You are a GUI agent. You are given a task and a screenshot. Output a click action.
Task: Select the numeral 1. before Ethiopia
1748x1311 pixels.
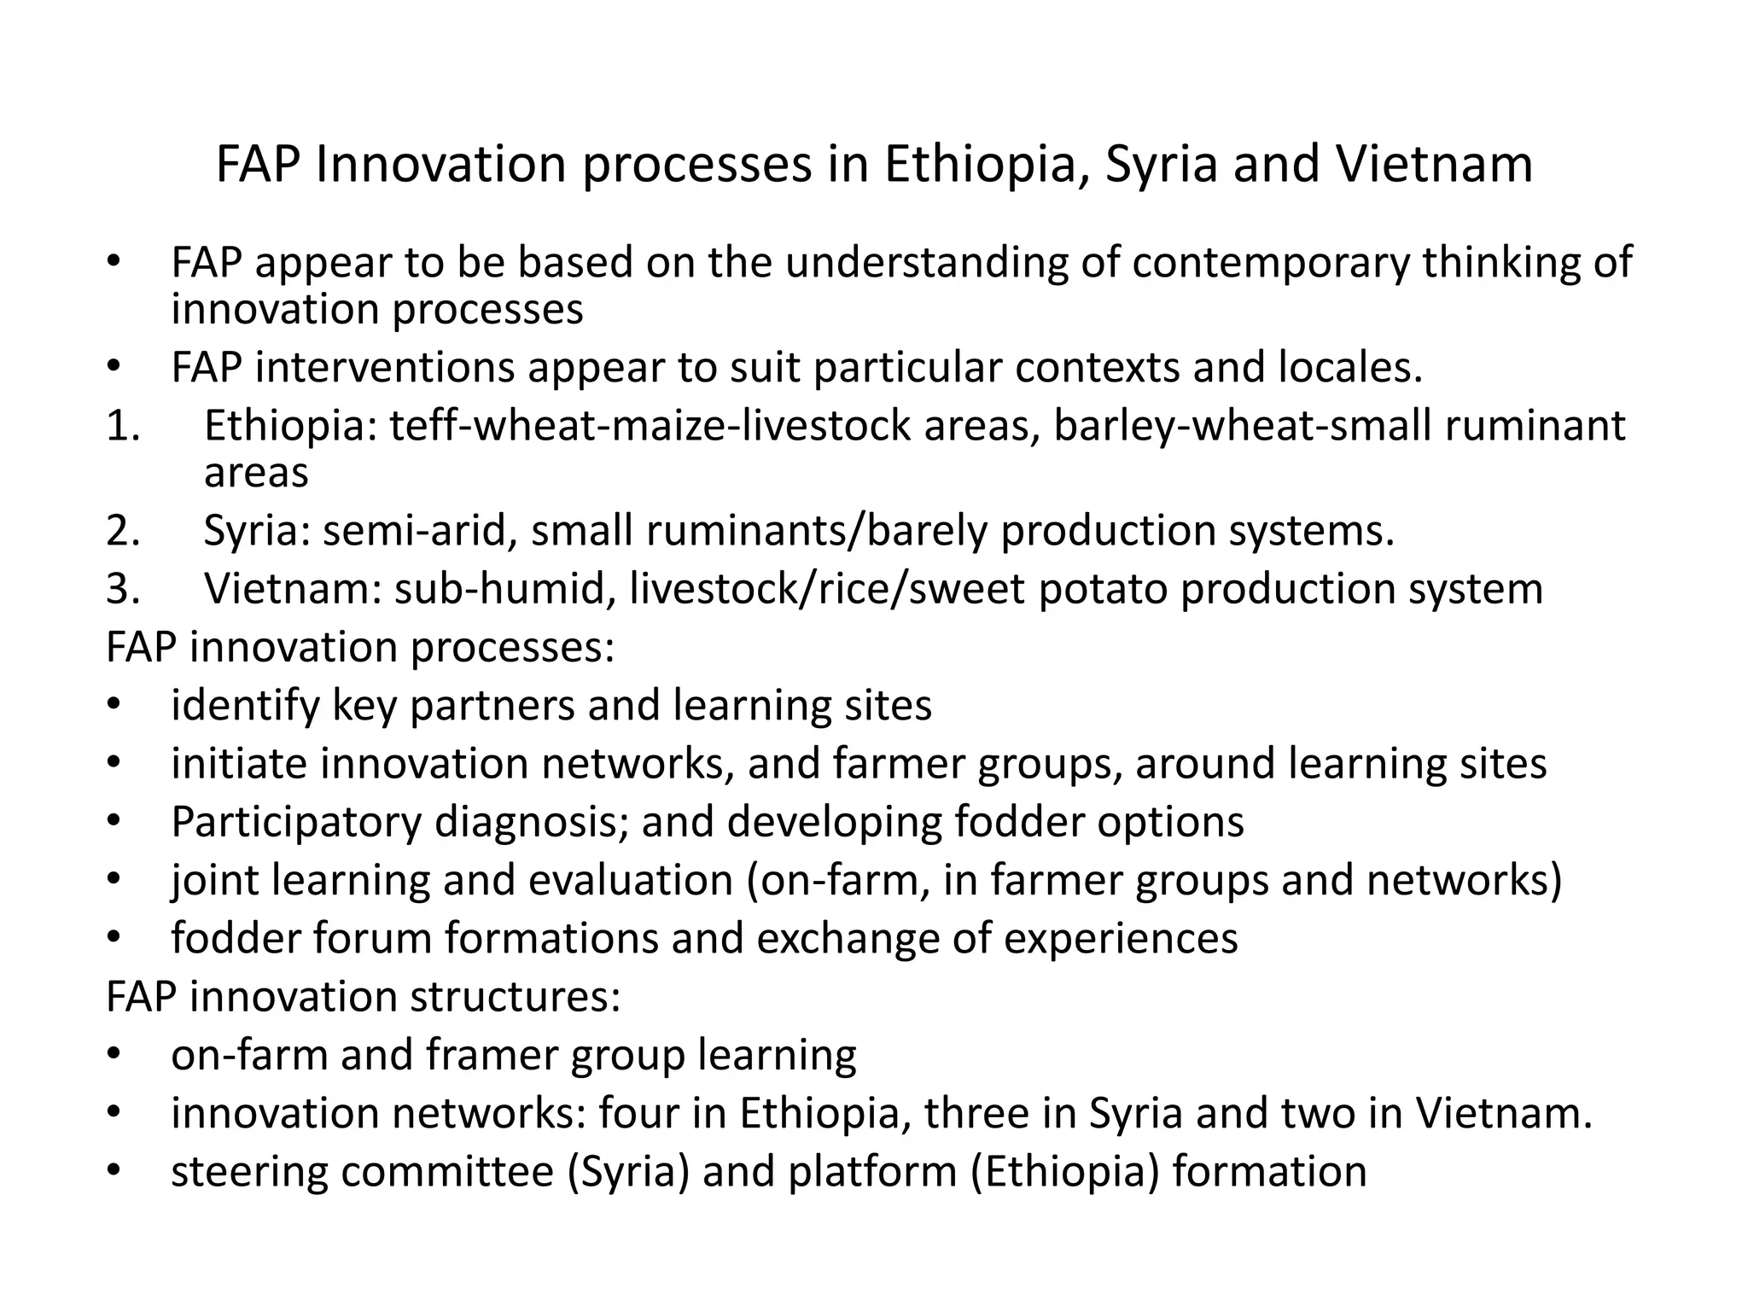[x=124, y=425]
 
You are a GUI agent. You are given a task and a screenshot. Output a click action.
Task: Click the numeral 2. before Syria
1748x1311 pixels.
[x=124, y=530]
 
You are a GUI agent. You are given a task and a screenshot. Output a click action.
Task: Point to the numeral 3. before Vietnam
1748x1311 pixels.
[x=124, y=588]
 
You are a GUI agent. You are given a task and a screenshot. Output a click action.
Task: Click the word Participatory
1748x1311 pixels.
[x=296, y=822]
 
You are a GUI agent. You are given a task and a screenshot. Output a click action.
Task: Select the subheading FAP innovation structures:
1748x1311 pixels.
[x=363, y=996]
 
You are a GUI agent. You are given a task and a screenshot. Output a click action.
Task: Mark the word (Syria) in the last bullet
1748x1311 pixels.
[x=628, y=1171]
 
